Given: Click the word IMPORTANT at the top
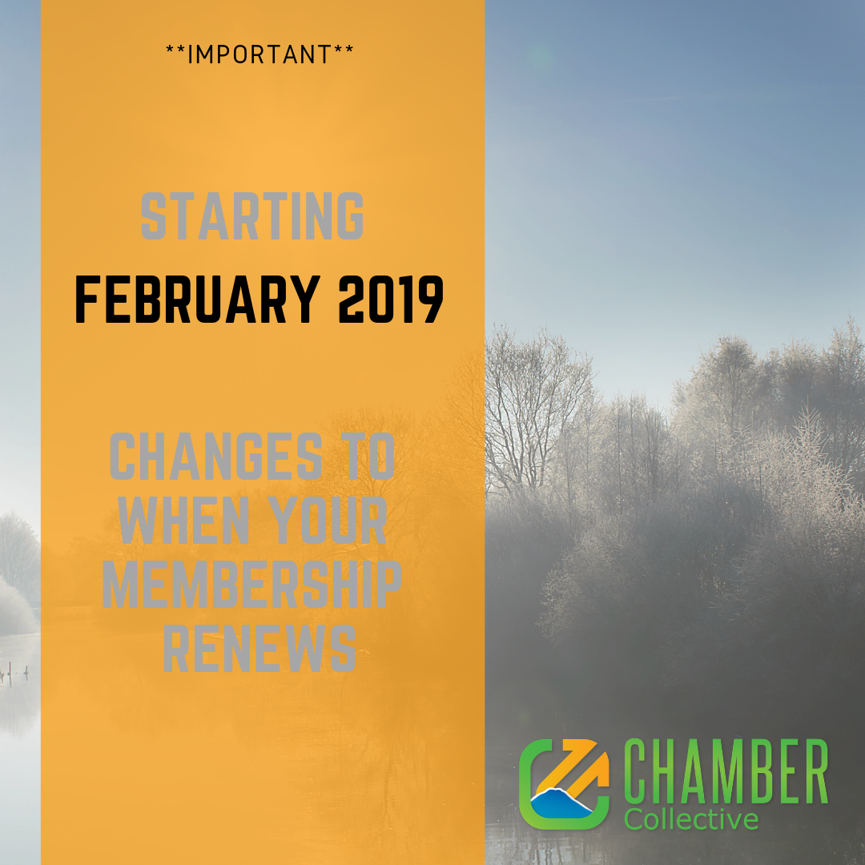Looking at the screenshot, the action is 259,54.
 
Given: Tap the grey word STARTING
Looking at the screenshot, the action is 252,215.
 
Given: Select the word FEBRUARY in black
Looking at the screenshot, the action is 198,299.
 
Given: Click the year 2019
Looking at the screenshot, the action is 391,299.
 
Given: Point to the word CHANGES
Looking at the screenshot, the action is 216,457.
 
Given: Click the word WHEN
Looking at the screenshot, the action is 184,520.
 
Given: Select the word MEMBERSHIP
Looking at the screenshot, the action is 251,584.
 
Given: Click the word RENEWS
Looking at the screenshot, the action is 259,648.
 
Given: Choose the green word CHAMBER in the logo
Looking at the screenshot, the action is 726,771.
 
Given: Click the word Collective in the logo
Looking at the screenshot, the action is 691,819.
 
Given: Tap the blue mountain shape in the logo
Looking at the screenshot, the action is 561,803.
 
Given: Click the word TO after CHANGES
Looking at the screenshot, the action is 368,457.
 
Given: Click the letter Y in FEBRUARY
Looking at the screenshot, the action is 304,299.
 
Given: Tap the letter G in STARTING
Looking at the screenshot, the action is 350,215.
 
